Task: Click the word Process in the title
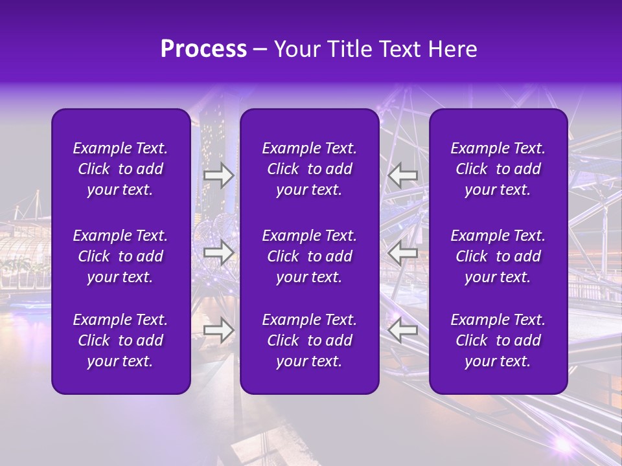tap(203, 49)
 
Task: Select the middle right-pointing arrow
tap(219, 253)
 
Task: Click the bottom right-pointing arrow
tap(219, 330)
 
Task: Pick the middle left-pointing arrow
tap(402, 253)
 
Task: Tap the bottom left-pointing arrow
tap(402, 330)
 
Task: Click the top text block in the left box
tap(121, 169)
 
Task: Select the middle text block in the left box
tap(121, 256)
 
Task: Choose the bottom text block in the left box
tap(121, 340)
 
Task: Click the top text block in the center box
tap(310, 169)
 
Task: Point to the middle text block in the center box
tap(310, 256)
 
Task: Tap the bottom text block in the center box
tap(310, 340)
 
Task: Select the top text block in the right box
tap(498, 169)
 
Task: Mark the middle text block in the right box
tap(498, 256)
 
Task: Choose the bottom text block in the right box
tap(498, 340)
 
